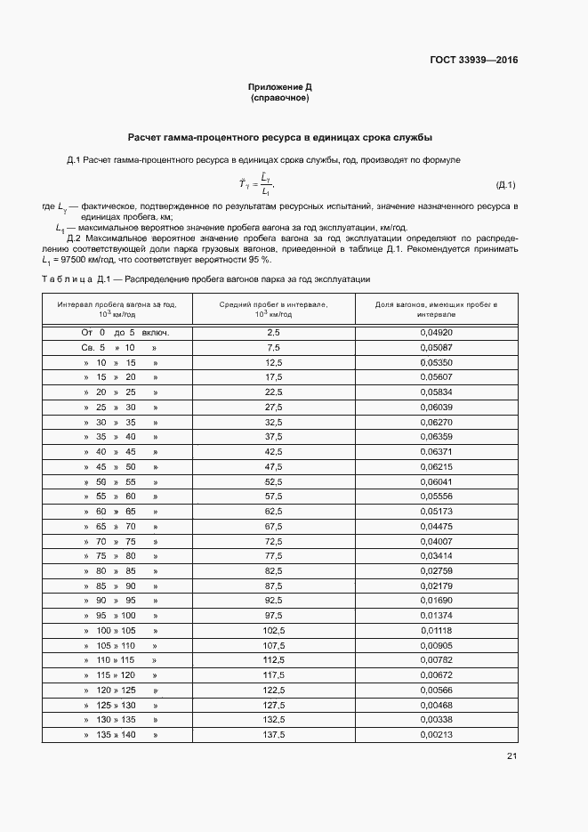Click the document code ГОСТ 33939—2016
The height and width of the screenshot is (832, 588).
tap(473, 61)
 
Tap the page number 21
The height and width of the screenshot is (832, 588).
tap(511, 756)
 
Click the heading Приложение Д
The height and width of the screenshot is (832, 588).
tap(279, 87)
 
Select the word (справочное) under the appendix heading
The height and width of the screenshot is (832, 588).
tap(279, 98)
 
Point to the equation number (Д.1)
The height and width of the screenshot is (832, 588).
tap(504, 185)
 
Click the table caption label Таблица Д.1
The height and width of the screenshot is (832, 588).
tap(75, 279)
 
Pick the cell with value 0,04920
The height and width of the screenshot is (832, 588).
tap(436, 332)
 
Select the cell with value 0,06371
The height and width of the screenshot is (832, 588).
tap(436, 452)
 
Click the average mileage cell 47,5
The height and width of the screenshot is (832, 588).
tap(273, 467)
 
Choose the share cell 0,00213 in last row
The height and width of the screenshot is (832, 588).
tap(436, 735)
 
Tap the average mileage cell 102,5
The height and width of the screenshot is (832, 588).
tap(273, 631)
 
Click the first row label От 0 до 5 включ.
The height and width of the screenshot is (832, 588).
tap(125, 332)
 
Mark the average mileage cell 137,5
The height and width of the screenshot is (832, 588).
tap(273, 735)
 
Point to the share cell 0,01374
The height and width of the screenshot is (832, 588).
tap(436, 616)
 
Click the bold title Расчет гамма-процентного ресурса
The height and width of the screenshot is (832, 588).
tap(280, 138)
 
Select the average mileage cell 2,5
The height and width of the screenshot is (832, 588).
tap(273, 332)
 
